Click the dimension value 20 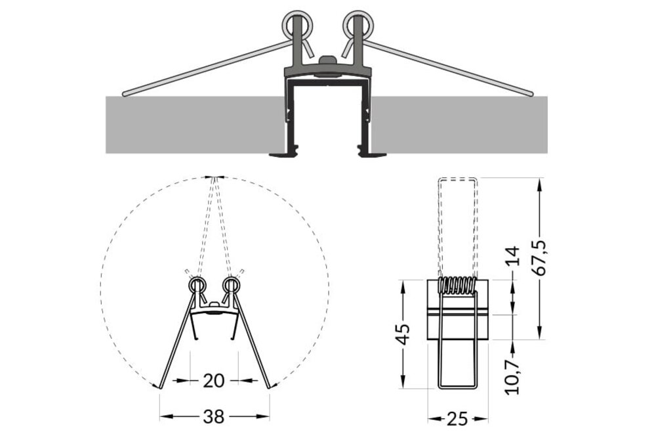click(x=214, y=380)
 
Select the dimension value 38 click(x=215, y=416)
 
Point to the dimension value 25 click(x=458, y=417)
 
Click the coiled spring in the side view click(x=458, y=286)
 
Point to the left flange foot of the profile click(x=283, y=155)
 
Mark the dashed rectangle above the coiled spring click(x=458, y=223)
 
